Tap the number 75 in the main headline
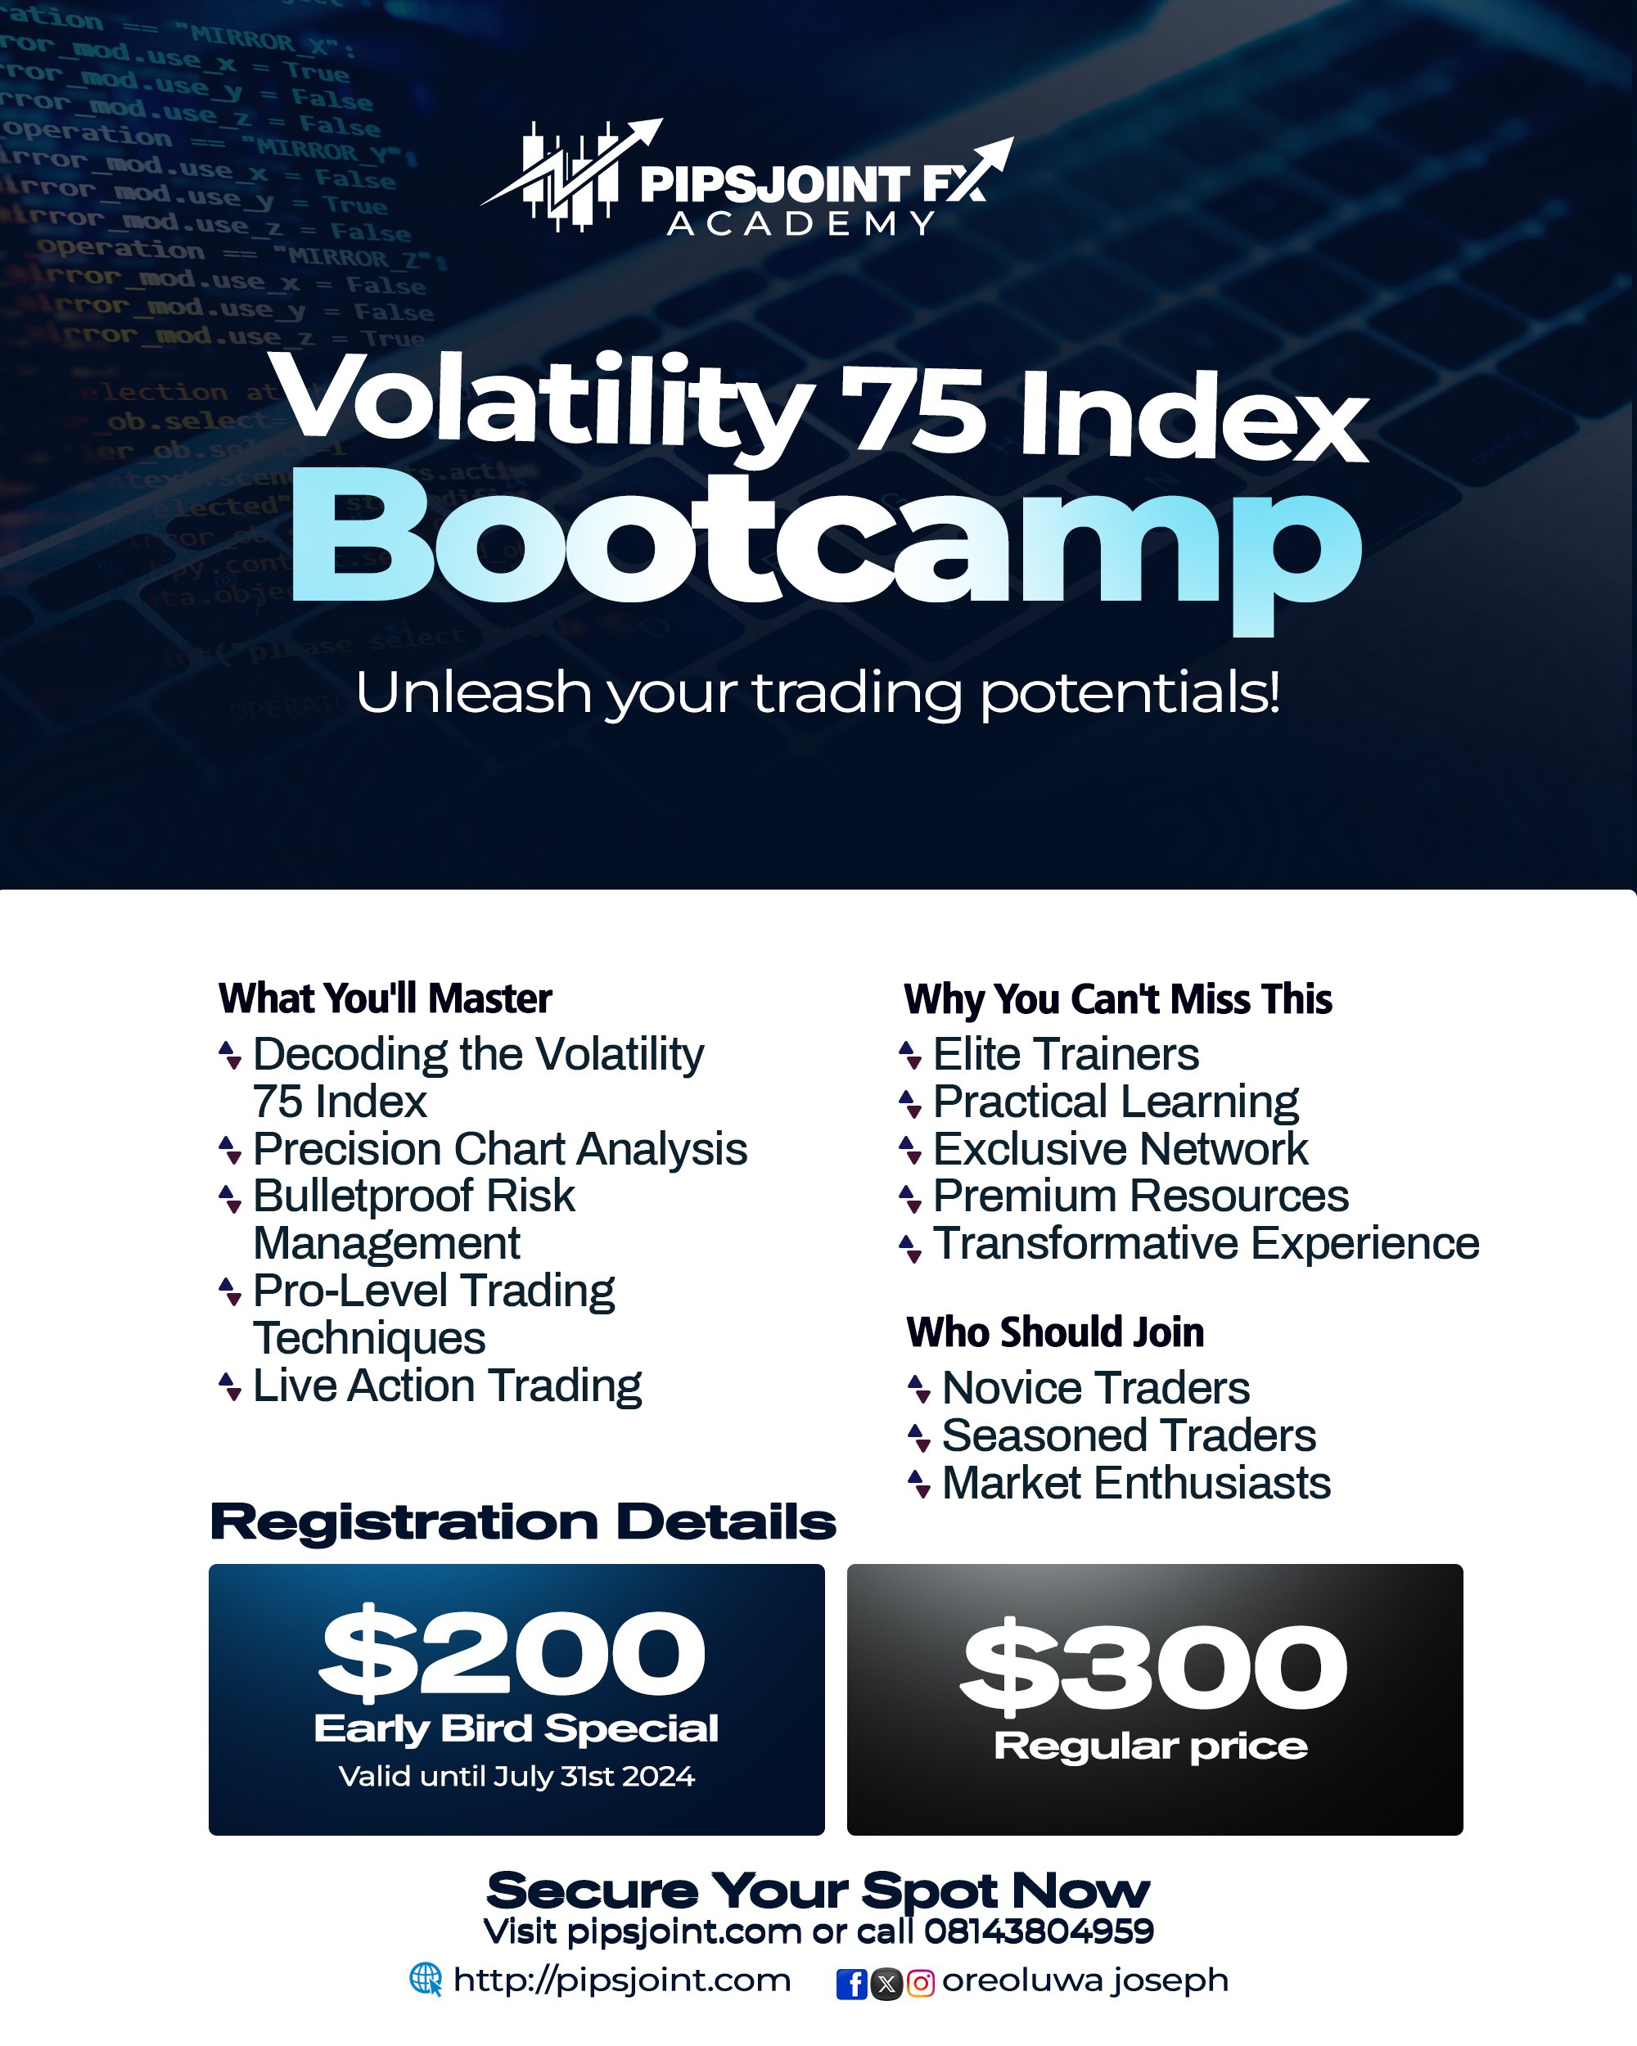click(x=911, y=410)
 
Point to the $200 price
click(x=512, y=1654)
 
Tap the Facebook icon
click(x=851, y=1983)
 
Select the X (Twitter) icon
click(x=886, y=1983)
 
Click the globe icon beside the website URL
click(x=425, y=1980)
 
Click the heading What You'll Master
click(x=385, y=998)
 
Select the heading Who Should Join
click(x=1054, y=1332)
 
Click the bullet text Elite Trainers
click(x=1065, y=1054)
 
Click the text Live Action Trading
click(x=447, y=1386)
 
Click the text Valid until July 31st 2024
click(x=516, y=1777)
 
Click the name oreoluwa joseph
click(x=1085, y=1980)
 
